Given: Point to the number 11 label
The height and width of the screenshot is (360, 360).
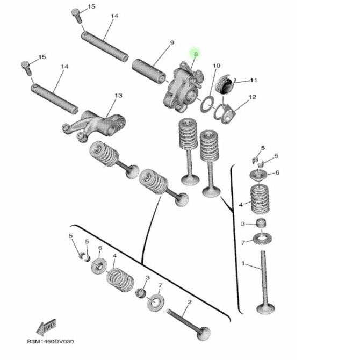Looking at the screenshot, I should tap(254, 80).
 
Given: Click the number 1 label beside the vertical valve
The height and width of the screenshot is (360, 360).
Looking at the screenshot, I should tap(243, 264).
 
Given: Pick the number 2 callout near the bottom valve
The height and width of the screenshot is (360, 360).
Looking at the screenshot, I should tap(189, 303).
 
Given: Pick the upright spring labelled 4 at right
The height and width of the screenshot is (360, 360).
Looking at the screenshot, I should tap(261, 197).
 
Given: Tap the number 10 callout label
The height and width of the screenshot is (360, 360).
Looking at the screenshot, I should tap(215, 66).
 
